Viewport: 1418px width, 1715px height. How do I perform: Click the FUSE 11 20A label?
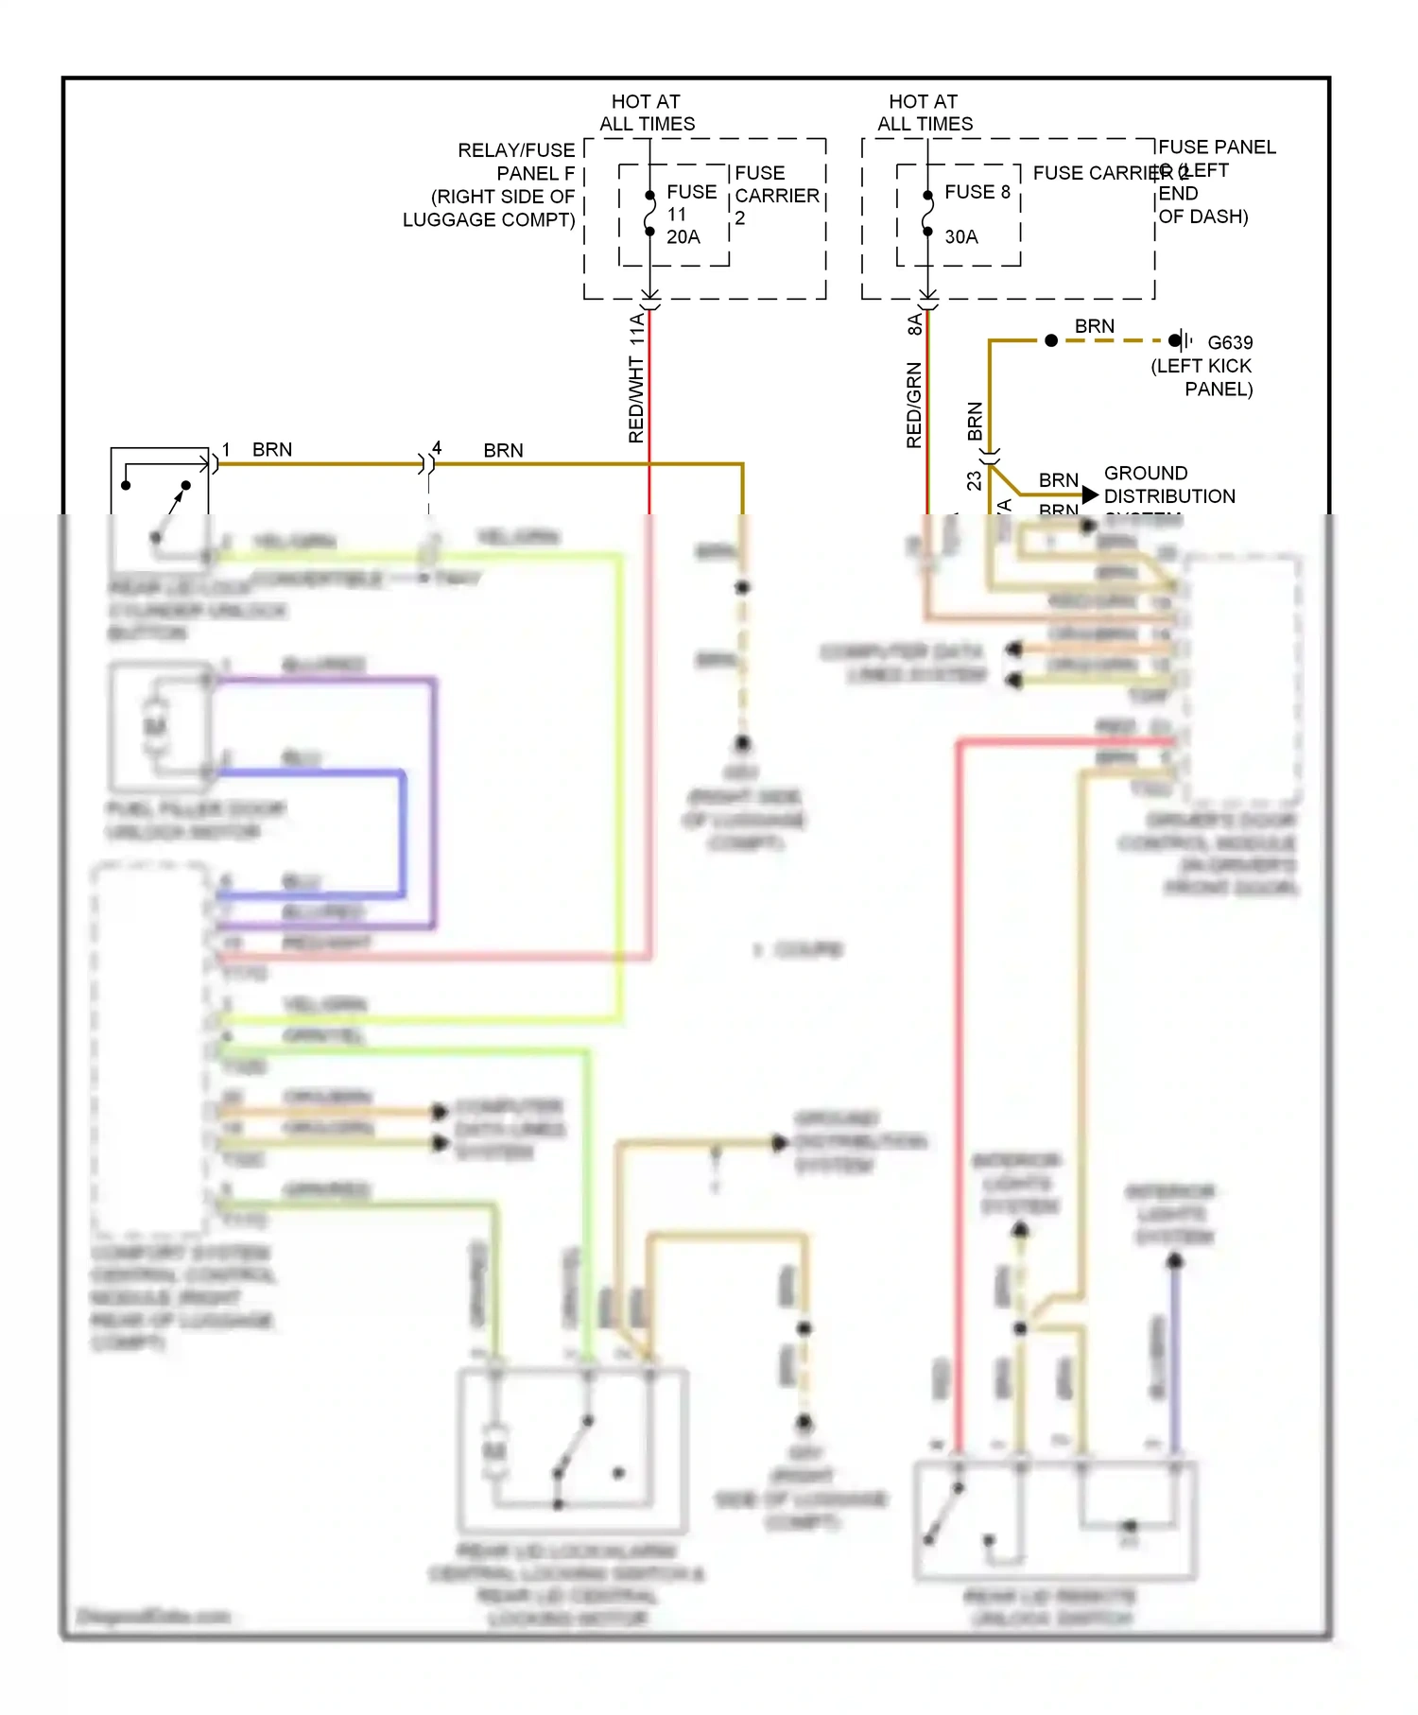[x=690, y=214]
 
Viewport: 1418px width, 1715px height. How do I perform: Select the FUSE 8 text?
[x=977, y=192]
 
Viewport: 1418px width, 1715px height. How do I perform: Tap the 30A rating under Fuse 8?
[x=960, y=237]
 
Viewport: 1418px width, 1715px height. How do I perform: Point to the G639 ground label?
[x=1230, y=342]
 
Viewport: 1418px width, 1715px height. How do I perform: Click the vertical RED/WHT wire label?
[x=636, y=400]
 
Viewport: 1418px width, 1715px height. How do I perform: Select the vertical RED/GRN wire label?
[x=913, y=405]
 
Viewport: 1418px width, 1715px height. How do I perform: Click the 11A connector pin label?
[x=637, y=328]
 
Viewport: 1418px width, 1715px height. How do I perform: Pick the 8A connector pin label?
[x=914, y=324]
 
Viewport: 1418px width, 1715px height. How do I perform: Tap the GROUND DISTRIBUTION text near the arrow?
[x=1168, y=484]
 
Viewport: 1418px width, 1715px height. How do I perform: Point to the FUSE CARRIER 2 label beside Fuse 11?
[x=776, y=195]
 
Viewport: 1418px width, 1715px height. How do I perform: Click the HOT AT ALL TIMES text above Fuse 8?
[x=925, y=113]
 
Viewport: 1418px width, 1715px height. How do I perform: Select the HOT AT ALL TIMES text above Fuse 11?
[x=647, y=113]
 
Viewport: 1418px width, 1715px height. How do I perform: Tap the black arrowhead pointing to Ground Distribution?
[x=1090, y=494]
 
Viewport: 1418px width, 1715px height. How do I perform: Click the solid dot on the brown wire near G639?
[x=1051, y=340]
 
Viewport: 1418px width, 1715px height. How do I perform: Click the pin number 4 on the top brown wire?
[x=437, y=447]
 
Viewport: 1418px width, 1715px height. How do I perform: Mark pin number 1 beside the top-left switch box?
[x=226, y=449]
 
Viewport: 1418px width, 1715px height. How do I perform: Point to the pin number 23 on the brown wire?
[x=974, y=480]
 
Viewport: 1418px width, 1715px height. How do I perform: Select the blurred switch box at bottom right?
[x=1055, y=1520]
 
